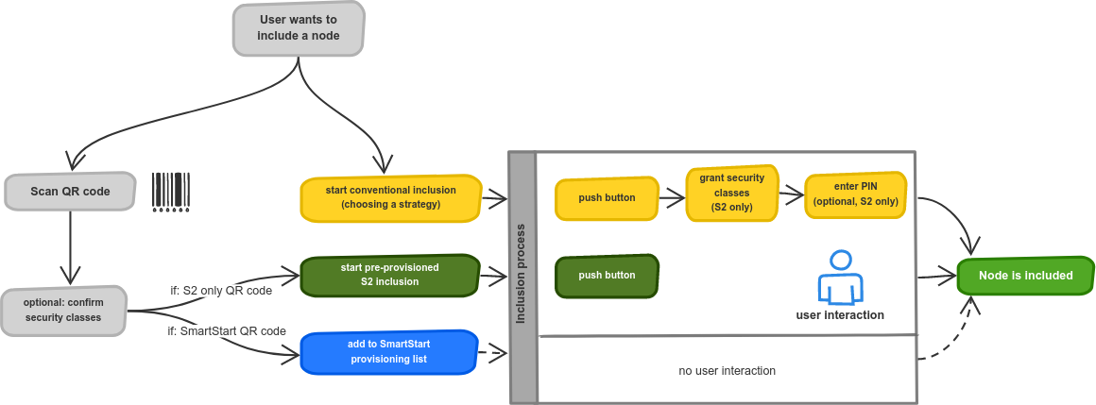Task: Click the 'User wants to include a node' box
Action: pyautogui.click(x=299, y=28)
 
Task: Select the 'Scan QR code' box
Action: pyautogui.click(x=70, y=192)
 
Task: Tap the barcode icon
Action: pyautogui.click(x=171, y=192)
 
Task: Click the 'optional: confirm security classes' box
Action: pyautogui.click(x=63, y=311)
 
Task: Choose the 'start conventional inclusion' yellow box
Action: pyautogui.click(x=391, y=198)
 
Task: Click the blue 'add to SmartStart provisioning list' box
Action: pyautogui.click(x=388, y=352)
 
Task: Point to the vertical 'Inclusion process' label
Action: pyautogui.click(x=521, y=275)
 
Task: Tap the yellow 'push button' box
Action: pyautogui.click(x=607, y=198)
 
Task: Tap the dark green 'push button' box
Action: pyautogui.click(x=607, y=276)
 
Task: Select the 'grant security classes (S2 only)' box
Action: pyautogui.click(x=732, y=194)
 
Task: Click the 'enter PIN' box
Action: pyautogui.click(x=856, y=195)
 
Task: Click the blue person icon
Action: pyautogui.click(x=840, y=277)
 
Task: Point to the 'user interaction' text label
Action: pyautogui.click(x=840, y=315)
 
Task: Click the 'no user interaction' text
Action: pyautogui.click(x=727, y=371)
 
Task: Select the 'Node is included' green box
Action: pyautogui.click(x=1025, y=276)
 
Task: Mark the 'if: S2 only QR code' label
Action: pyautogui.click(x=222, y=291)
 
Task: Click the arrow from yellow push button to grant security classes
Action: pyautogui.click(x=672, y=199)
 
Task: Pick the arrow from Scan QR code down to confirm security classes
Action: pyautogui.click(x=70, y=245)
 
